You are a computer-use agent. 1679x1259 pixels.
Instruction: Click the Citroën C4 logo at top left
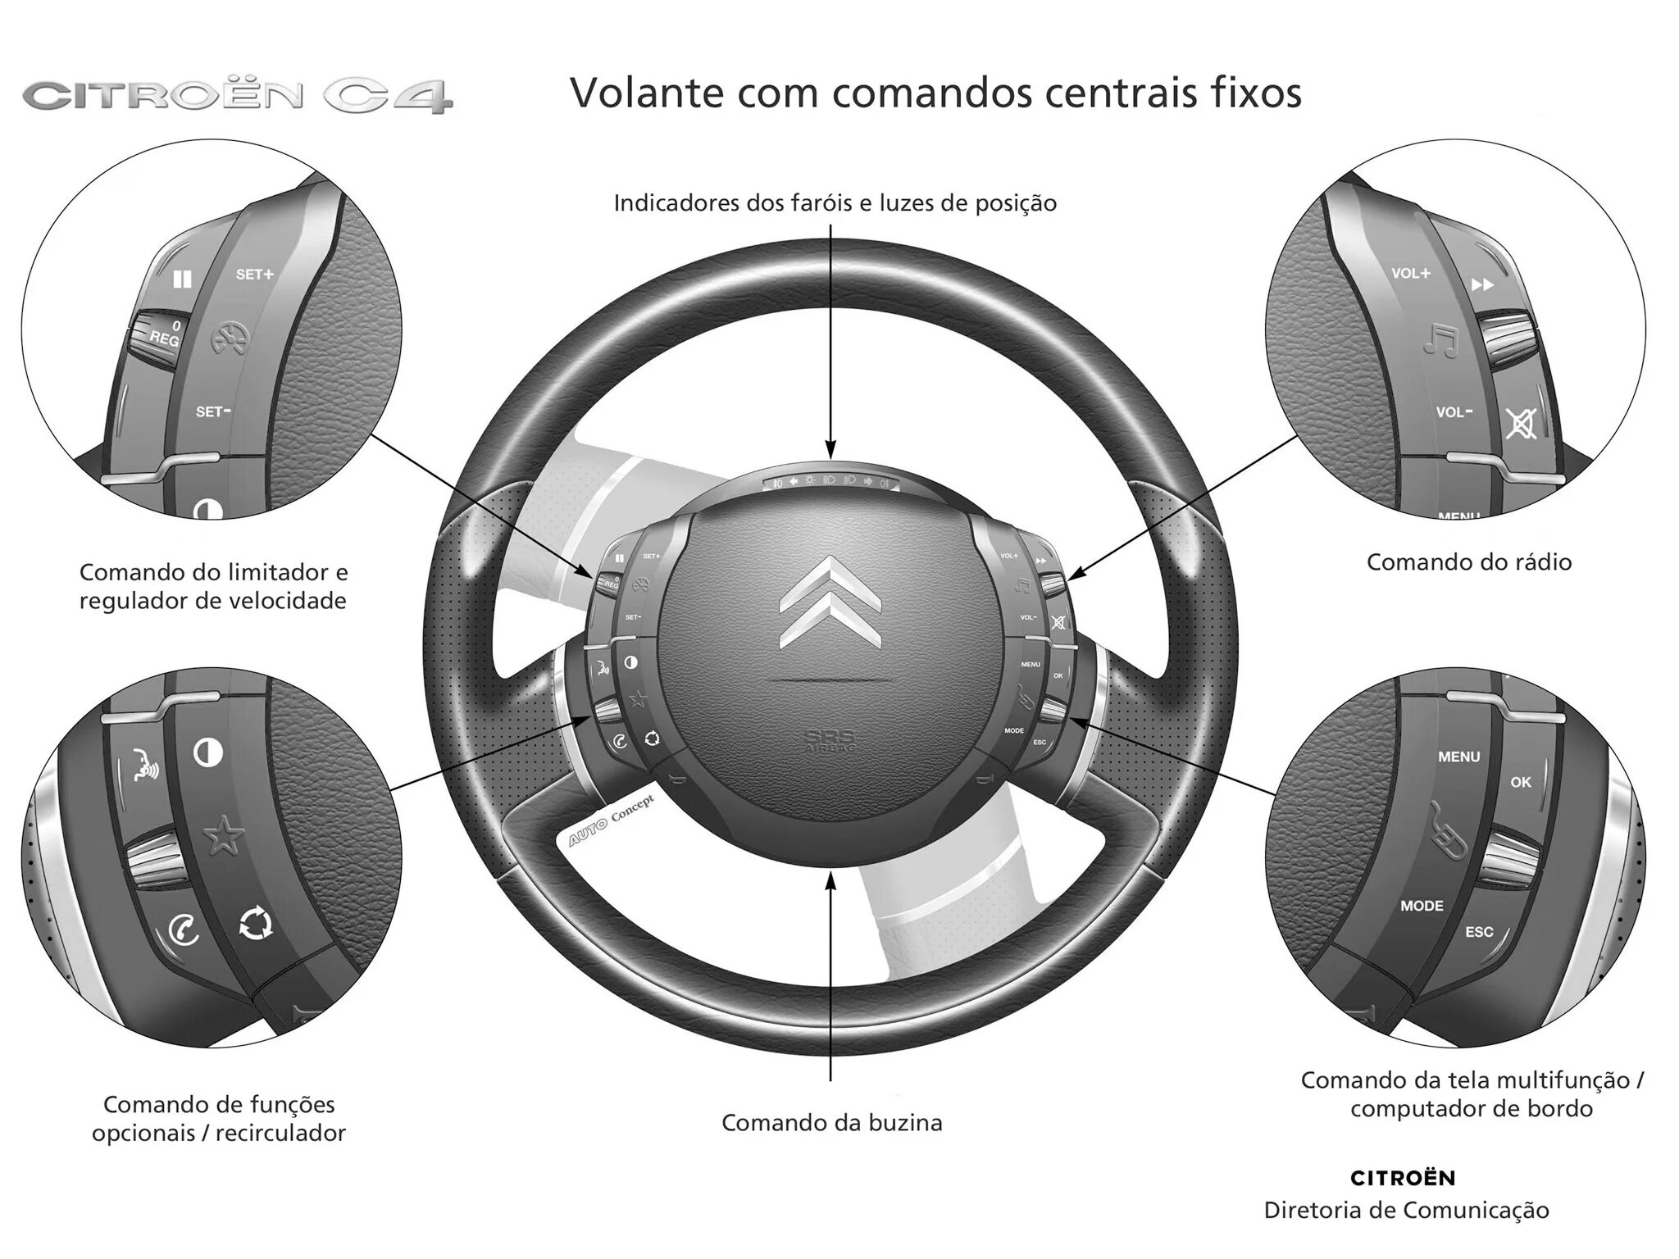[238, 96]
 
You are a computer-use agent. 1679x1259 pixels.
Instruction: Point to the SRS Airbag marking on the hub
[830, 739]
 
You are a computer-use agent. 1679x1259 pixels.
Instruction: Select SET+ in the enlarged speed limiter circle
[254, 275]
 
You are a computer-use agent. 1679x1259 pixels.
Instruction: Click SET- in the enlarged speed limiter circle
[213, 411]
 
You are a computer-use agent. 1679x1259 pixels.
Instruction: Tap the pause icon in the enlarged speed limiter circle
[182, 280]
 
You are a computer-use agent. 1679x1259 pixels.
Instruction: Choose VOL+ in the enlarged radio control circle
[1410, 274]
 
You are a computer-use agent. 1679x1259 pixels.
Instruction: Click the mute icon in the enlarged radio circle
[1521, 423]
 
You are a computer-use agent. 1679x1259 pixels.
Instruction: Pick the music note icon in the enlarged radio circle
[1440, 341]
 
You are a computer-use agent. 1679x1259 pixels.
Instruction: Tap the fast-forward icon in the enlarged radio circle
[1482, 284]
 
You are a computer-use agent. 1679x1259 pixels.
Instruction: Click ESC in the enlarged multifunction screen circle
[1479, 932]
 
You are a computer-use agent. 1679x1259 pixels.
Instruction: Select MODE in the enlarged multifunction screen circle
[1422, 906]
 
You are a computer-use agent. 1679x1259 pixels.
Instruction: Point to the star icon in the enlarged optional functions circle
[223, 837]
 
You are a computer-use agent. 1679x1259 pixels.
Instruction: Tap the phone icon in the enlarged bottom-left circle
[183, 931]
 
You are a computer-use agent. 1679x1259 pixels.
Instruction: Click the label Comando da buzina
[831, 1122]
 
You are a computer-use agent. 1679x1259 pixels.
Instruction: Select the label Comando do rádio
[1468, 562]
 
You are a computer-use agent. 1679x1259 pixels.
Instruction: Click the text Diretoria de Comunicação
[1406, 1210]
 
